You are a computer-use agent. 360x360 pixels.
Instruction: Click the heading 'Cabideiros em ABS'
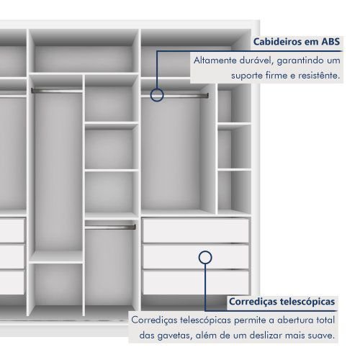[297, 42]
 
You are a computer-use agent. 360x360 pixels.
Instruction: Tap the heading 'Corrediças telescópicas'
[282, 302]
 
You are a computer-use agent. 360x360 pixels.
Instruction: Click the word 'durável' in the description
[256, 60]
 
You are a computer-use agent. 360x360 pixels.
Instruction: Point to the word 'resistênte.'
[319, 76]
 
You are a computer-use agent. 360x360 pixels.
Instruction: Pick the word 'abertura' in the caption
[294, 320]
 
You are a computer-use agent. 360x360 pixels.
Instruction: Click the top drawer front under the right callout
[196, 230]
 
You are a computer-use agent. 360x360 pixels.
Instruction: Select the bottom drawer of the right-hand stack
[196, 282]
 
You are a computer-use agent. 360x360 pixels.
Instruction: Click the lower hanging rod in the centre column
[110, 227]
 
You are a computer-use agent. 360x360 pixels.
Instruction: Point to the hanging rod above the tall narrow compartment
[57, 91]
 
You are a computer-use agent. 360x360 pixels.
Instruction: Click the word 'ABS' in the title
[330, 42]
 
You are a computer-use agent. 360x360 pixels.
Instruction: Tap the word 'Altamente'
[215, 60]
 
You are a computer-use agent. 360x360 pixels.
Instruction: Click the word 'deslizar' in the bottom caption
[266, 336]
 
